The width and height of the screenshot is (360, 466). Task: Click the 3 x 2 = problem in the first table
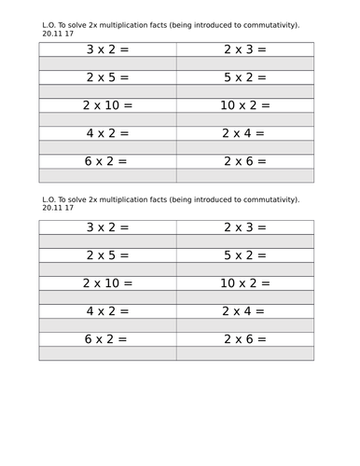tap(107, 48)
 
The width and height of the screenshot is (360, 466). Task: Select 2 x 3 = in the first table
tap(244, 48)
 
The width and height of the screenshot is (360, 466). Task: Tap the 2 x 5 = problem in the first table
tap(107, 76)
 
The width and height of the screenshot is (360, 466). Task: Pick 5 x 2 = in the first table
tap(244, 76)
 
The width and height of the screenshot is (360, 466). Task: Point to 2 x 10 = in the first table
tap(107, 105)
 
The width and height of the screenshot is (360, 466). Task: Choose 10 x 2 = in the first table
tap(244, 105)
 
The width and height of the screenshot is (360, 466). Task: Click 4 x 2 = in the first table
tap(107, 133)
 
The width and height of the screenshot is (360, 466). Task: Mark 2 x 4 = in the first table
tap(244, 133)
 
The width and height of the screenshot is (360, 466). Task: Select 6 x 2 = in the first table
tap(107, 161)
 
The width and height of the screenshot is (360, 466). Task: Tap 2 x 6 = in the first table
tap(244, 161)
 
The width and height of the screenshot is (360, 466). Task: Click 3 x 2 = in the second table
tap(107, 226)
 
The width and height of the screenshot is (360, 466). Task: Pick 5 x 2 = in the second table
tap(244, 254)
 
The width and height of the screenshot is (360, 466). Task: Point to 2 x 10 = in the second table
tap(107, 283)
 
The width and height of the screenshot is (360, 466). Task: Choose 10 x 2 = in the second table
tap(244, 283)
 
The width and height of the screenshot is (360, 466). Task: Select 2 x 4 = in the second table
tap(244, 311)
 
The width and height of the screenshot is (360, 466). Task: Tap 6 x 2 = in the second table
tap(107, 339)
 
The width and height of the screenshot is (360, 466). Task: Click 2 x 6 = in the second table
tap(244, 339)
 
